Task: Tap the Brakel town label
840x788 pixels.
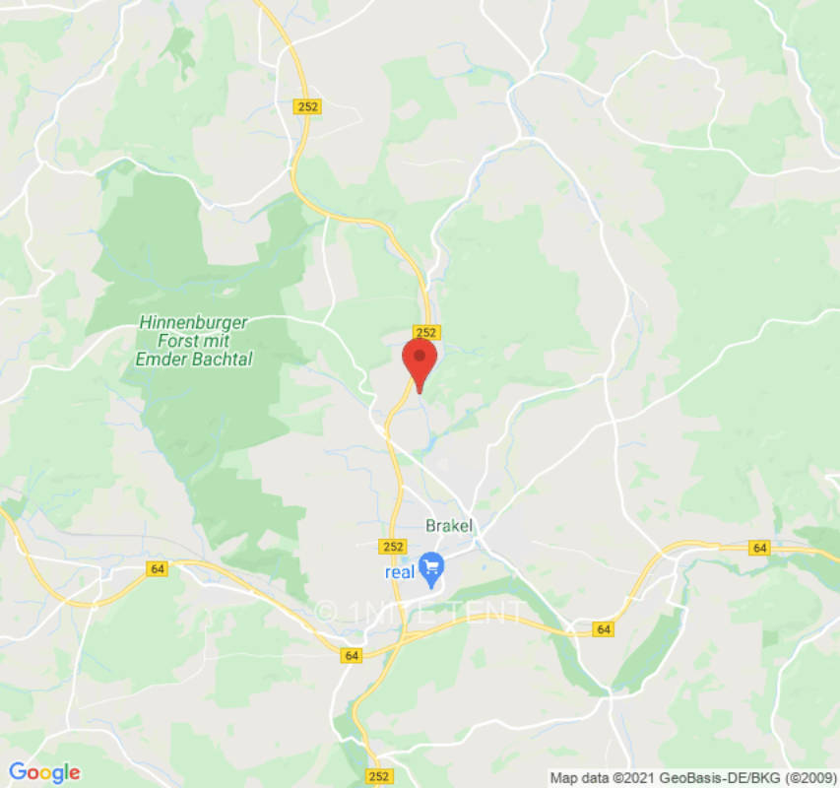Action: (449, 526)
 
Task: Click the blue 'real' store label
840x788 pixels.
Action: (398, 572)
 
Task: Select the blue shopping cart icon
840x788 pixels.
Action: (430, 566)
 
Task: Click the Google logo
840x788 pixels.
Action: (43, 773)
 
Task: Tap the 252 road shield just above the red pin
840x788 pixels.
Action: (425, 333)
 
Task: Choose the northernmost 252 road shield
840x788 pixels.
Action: (308, 106)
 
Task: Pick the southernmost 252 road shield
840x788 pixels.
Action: (378, 776)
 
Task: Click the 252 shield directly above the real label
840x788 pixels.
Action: (392, 547)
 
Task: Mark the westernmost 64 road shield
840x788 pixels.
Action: (158, 568)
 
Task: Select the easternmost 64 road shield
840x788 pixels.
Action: (758, 548)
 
